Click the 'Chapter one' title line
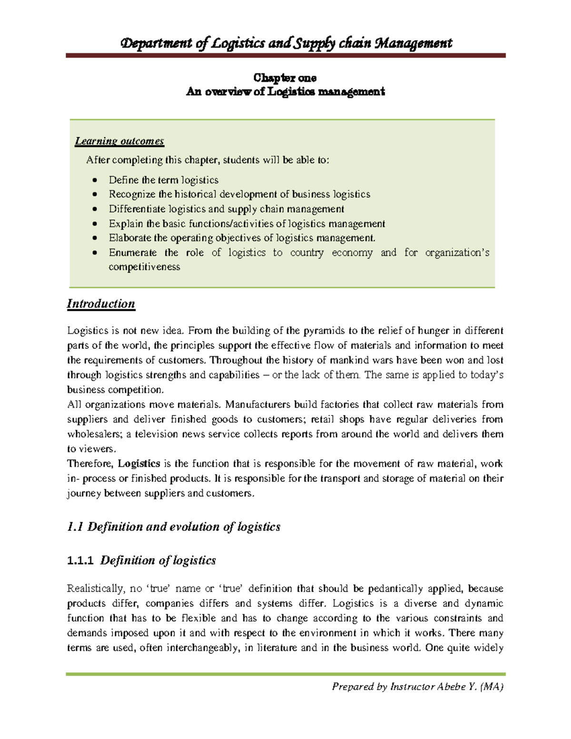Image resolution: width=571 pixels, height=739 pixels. [285, 78]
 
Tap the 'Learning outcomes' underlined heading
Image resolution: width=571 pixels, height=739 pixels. [119, 141]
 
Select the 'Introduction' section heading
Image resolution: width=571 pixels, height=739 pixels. [101, 304]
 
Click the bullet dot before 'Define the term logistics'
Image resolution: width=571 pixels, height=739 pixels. [95, 180]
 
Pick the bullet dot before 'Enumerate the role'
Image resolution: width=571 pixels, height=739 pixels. [95, 253]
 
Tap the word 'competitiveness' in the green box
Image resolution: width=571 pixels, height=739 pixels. [144, 267]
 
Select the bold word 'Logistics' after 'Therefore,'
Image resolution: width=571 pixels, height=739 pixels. [139, 463]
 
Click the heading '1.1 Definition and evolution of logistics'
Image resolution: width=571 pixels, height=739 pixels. [174, 527]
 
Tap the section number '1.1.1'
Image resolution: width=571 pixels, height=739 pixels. [80, 561]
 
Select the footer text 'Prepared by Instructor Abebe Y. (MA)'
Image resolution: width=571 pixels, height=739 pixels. [418, 687]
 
